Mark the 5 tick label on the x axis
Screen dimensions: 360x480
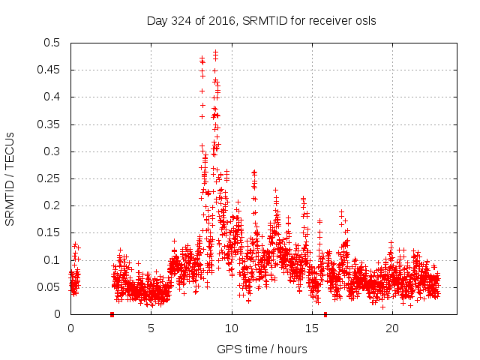coord(151,328)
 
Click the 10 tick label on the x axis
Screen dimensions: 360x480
coord(231,328)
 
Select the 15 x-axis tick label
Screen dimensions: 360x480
coord(311,328)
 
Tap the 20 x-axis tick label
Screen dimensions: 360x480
coord(391,328)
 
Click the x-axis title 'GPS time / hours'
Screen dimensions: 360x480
coord(262,349)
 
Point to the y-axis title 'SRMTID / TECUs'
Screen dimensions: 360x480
coord(10,178)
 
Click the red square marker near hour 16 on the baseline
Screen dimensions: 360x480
coord(325,314)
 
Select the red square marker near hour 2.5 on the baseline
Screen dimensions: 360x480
coord(112,314)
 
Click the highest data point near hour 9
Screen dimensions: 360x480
coord(215,52)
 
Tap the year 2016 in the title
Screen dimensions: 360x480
coord(222,20)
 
